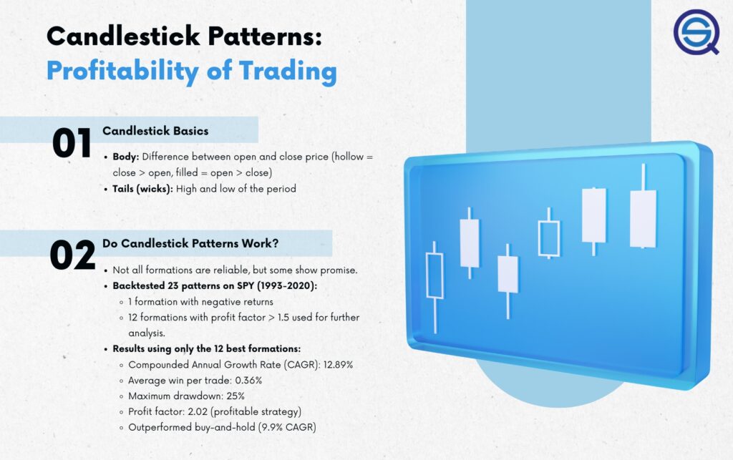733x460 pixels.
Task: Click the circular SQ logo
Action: pos(696,31)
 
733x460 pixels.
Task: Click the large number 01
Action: pos(72,143)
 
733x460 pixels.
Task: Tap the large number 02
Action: pos(72,255)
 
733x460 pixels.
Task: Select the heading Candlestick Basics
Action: pos(155,131)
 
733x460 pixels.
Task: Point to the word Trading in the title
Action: pos(288,72)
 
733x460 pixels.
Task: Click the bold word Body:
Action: pos(126,157)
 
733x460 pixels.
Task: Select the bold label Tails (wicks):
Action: pos(142,189)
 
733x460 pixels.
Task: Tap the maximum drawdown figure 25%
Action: pos(236,396)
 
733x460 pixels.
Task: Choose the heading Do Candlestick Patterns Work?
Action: pos(190,243)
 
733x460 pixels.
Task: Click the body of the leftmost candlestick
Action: pos(435,275)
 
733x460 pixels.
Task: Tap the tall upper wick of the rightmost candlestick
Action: pos(644,177)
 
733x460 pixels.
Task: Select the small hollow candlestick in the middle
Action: pos(549,239)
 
